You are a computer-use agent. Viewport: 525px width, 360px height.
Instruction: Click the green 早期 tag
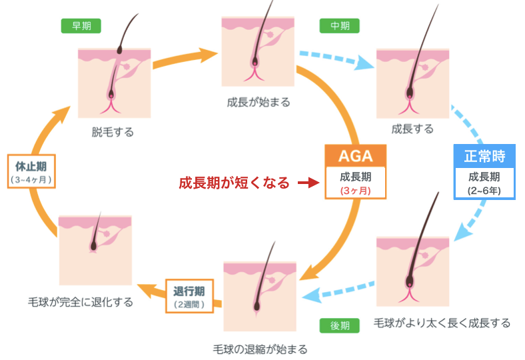click(81, 26)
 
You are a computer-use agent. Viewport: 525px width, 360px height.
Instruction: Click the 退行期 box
click(189, 297)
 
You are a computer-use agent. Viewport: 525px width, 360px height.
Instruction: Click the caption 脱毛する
click(113, 132)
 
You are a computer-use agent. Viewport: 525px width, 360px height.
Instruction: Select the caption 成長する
click(412, 128)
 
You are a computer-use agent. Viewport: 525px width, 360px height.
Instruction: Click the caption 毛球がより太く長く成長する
click(442, 323)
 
